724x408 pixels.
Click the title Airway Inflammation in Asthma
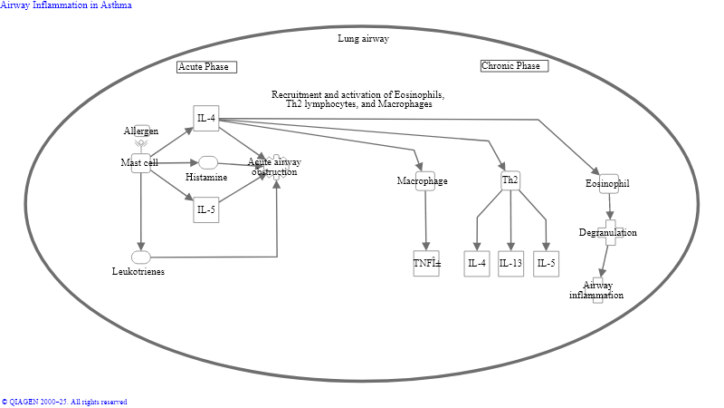tap(66, 5)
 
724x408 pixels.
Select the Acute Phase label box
tap(206, 67)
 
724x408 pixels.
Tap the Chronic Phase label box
tap(514, 65)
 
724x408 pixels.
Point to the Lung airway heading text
tap(364, 39)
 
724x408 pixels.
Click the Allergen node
tap(141, 132)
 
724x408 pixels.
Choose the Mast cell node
tap(140, 163)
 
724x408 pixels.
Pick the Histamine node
tap(208, 163)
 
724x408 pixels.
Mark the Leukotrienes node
tap(141, 258)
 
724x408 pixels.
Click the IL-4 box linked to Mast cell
tap(206, 118)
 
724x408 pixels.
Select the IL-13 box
tap(511, 264)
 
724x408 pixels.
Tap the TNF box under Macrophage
tap(426, 264)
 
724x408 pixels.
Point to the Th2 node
tap(511, 181)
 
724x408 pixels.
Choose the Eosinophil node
tap(609, 184)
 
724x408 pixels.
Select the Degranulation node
tap(610, 233)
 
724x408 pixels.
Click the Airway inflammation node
tap(597, 290)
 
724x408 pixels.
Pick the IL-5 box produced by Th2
tap(546, 264)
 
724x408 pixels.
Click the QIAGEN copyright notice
tap(64, 402)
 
